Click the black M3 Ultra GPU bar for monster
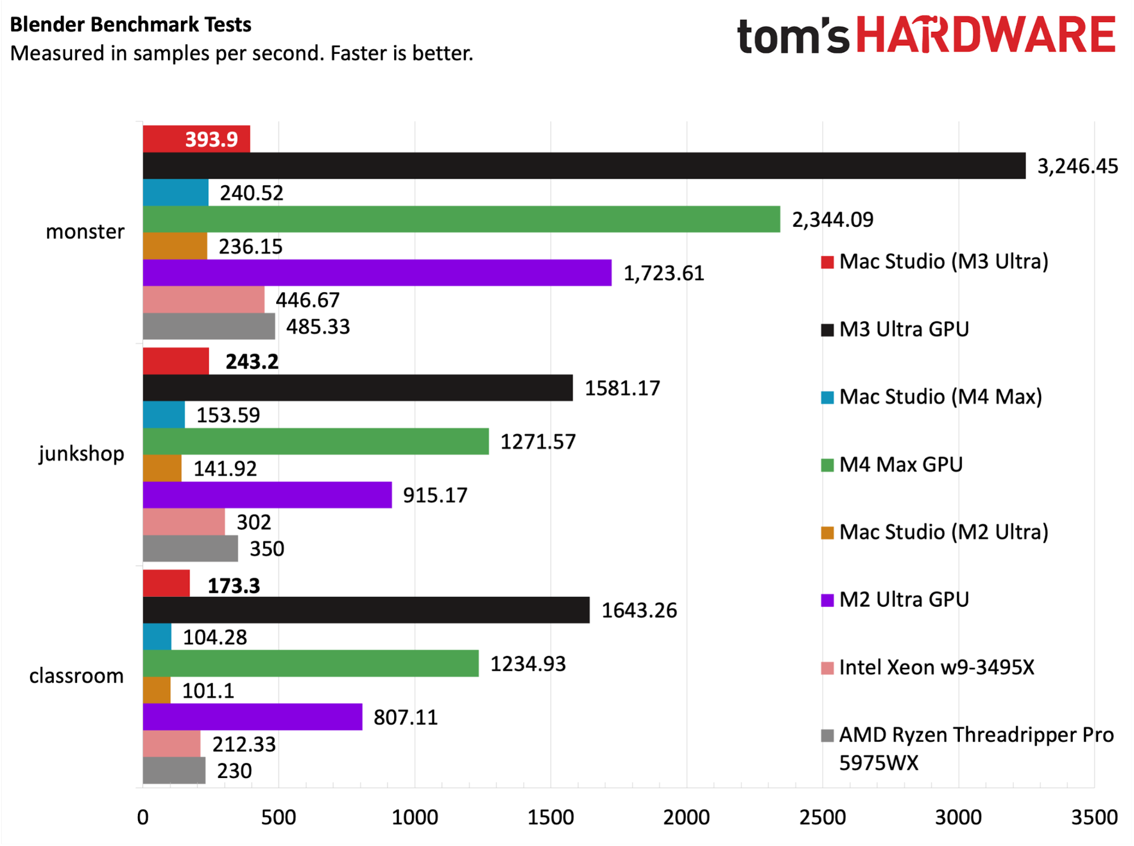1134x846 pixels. [584, 166]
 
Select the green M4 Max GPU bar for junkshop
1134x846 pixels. [316, 441]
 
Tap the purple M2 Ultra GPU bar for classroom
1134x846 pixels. [252, 717]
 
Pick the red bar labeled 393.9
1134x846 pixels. [196, 139]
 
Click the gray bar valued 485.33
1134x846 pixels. [209, 326]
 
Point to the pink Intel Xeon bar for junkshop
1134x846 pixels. [184, 522]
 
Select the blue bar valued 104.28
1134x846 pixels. [157, 637]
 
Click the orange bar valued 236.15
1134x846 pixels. [175, 246]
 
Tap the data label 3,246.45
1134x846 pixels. [1077, 166]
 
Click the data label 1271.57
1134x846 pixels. [538, 442]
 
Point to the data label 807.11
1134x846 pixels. [406, 717]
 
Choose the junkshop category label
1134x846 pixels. [82, 454]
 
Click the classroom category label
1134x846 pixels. [77, 675]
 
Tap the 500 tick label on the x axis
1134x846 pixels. [279, 817]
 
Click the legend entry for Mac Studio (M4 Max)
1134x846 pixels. [931, 396]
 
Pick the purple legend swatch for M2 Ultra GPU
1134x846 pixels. [827, 600]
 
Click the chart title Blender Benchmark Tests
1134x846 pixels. [130, 24]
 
